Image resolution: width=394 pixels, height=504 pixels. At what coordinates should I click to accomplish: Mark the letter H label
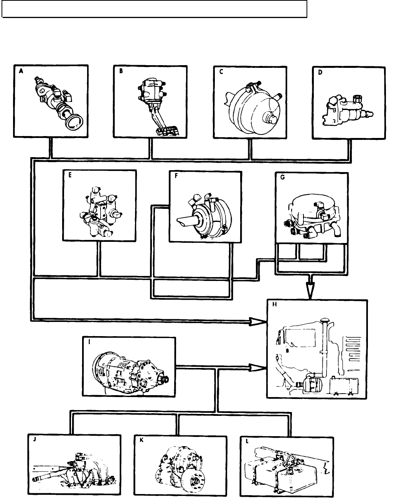tap(274, 306)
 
